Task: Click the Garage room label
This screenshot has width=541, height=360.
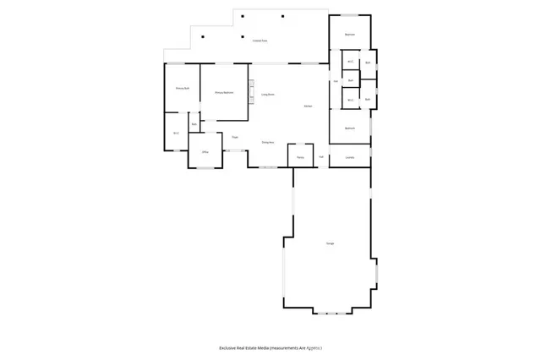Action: [x=330, y=243]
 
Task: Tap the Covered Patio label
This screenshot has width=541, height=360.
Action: [x=260, y=41]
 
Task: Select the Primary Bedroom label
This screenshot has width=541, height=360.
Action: [x=224, y=92]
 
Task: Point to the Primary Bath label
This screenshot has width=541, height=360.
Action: [x=182, y=88]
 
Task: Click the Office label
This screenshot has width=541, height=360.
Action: [x=204, y=152]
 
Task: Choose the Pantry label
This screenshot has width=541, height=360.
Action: [x=300, y=156]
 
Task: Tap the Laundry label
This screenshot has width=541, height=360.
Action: [x=349, y=156]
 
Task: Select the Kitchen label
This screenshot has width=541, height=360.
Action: [x=309, y=105]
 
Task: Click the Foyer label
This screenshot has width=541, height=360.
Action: [x=235, y=137]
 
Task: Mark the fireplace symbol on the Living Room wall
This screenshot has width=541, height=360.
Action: [x=251, y=92]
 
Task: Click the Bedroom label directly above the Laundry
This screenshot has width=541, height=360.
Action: [x=349, y=128]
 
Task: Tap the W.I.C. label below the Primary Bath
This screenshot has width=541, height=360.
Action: [x=177, y=133]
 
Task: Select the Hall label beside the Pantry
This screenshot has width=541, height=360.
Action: [x=321, y=156]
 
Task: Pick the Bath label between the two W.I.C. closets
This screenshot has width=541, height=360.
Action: [x=351, y=81]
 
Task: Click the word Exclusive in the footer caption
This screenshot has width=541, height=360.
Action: [x=232, y=348]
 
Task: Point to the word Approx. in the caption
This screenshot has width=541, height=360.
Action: [x=313, y=348]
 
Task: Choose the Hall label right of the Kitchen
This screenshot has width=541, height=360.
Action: [x=336, y=81]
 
